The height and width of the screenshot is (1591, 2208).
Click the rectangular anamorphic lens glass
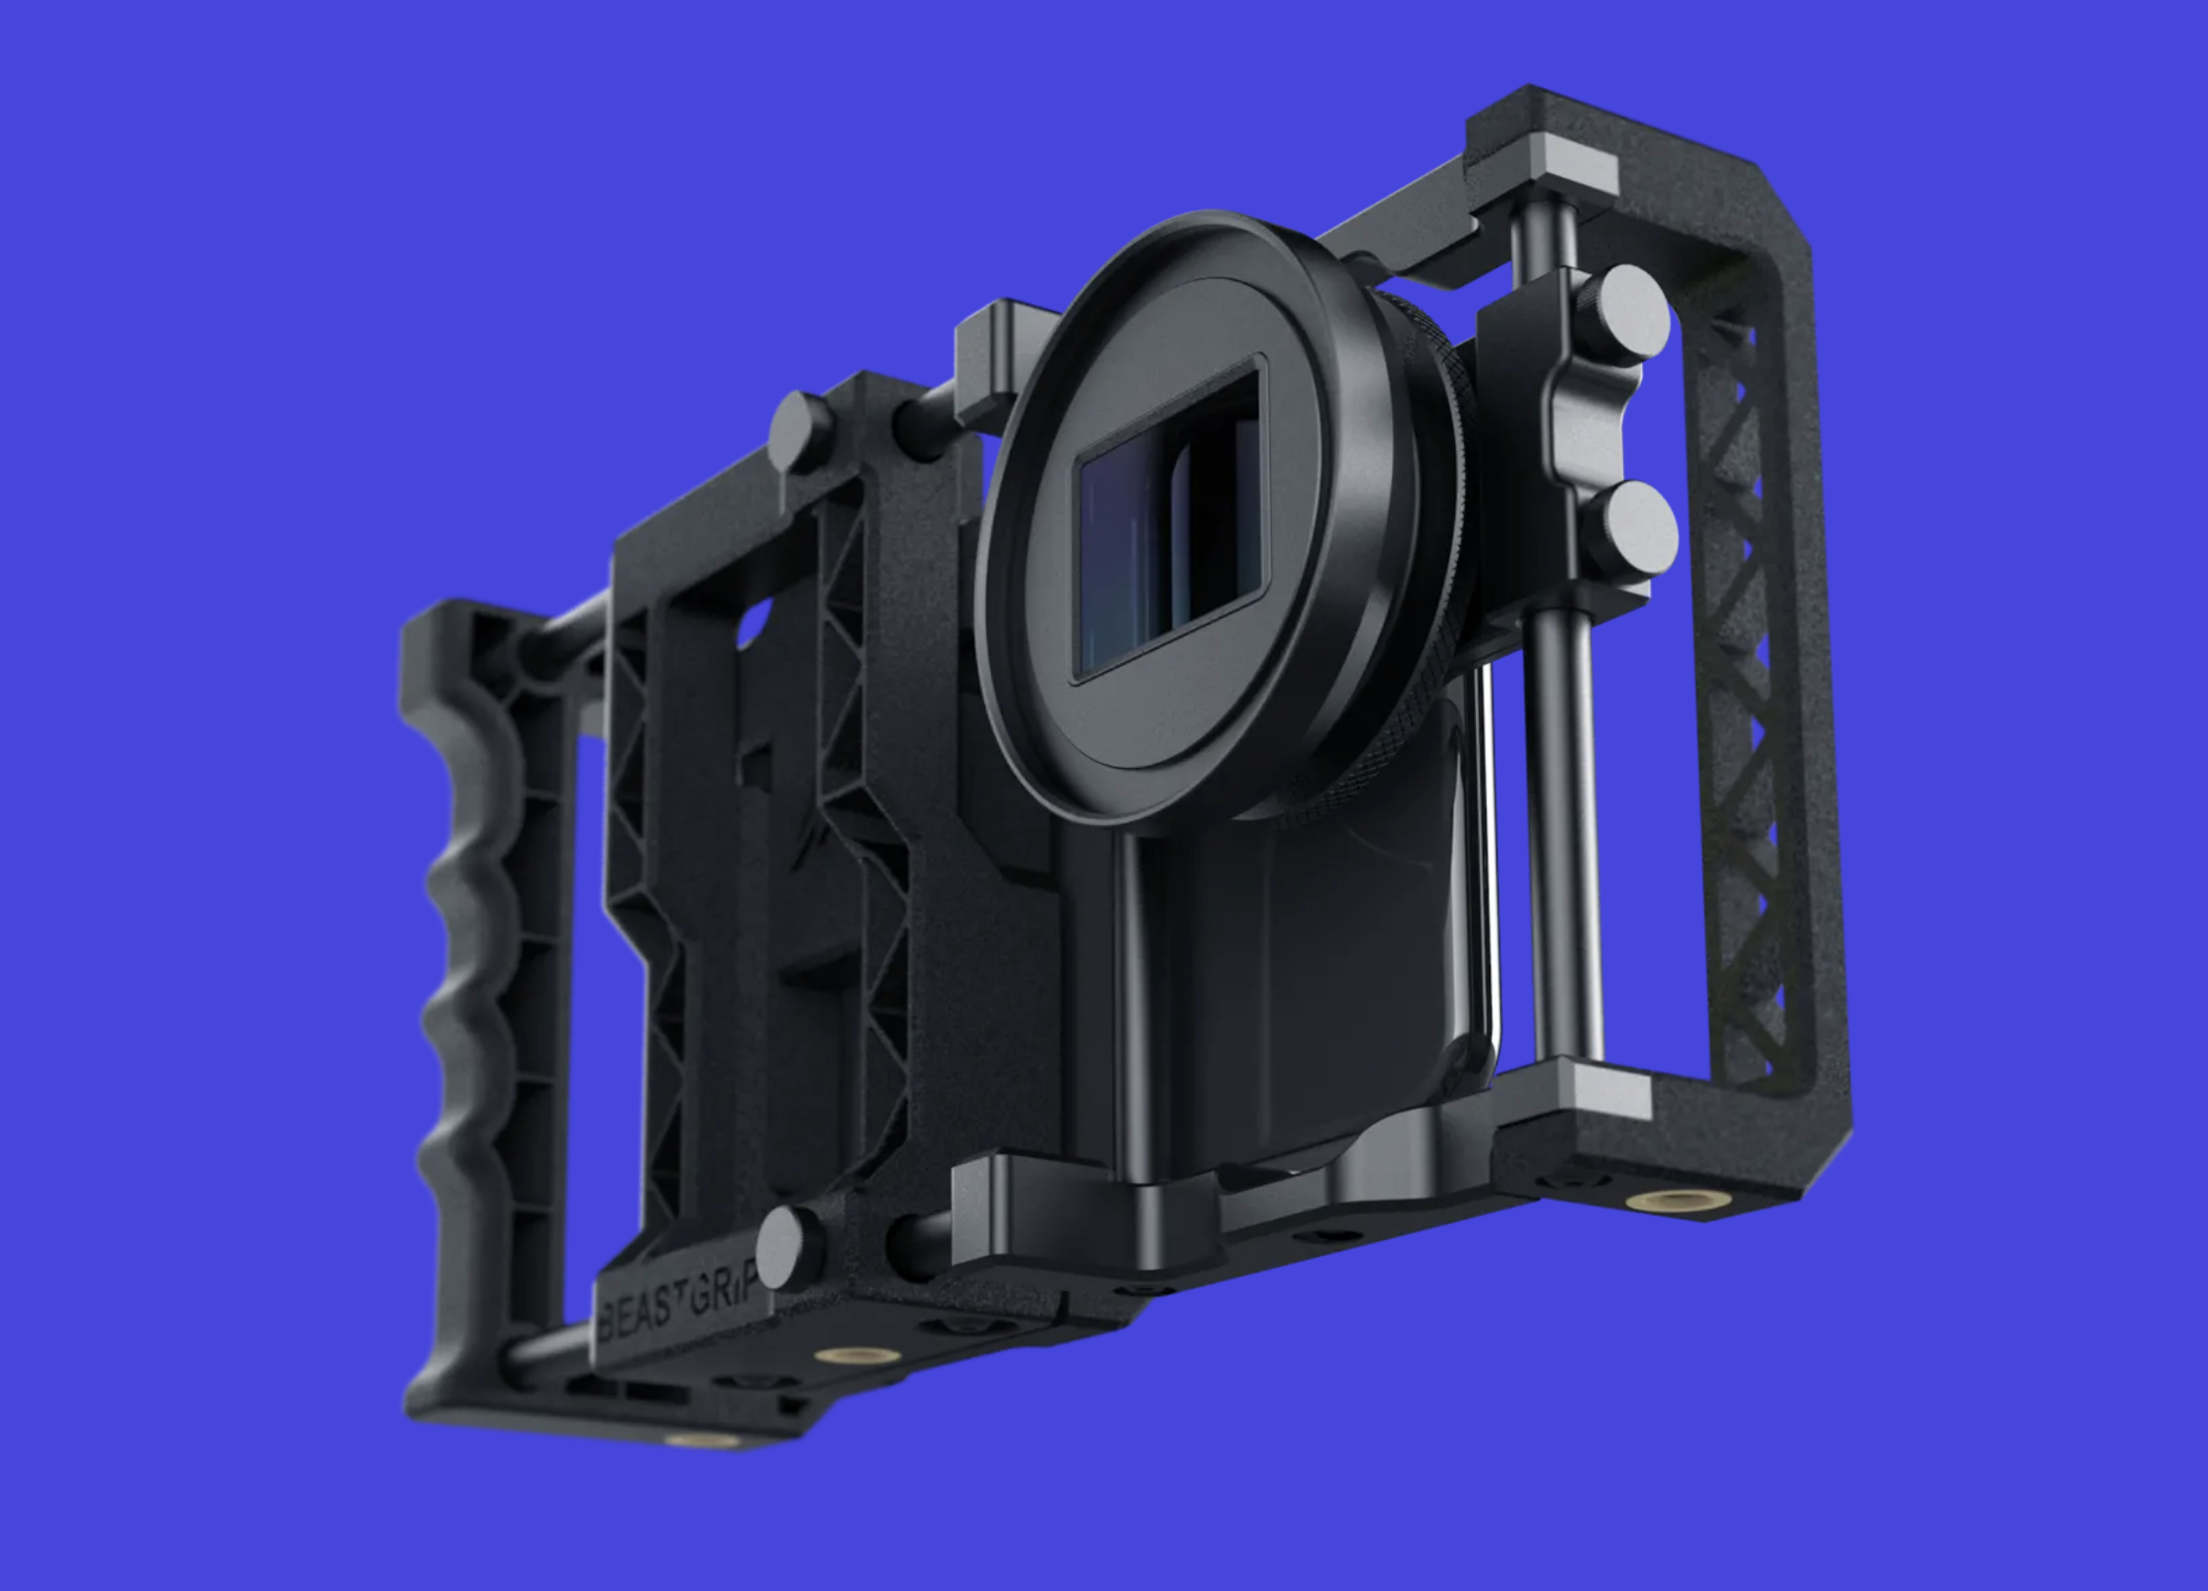tap(1166, 522)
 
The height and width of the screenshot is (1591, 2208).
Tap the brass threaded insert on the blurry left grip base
tap(690, 1442)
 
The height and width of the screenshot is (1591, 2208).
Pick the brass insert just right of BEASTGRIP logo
tap(836, 1356)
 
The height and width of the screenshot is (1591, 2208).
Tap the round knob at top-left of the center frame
tap(800, 429)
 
